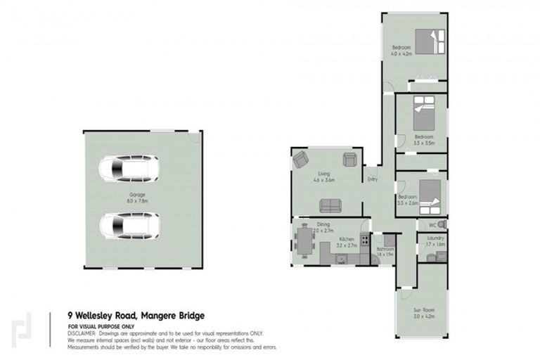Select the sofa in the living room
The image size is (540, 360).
tap(328, 205)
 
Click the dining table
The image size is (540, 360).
tap(304, 239)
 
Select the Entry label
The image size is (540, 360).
tap(372, 179)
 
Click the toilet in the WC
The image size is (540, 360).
tap(441, 225)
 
